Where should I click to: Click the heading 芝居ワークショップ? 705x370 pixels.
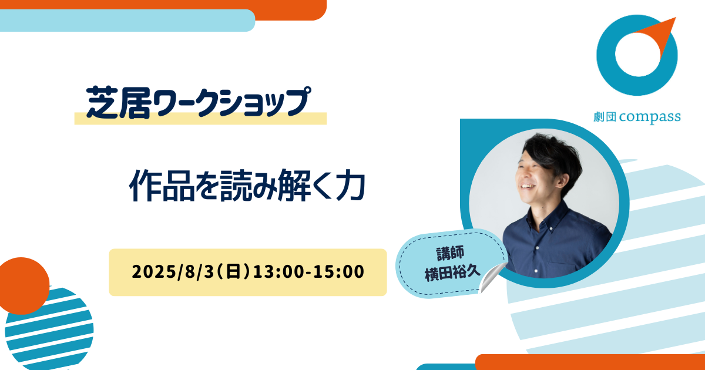199,102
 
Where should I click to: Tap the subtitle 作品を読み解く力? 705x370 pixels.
247,186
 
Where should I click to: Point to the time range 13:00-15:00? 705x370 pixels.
308,271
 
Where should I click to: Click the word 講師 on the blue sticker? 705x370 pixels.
450,253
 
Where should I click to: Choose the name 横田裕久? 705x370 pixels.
452,273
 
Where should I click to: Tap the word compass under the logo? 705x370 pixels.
650,117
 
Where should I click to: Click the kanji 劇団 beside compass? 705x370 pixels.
605,117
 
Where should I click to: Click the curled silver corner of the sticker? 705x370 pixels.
492,277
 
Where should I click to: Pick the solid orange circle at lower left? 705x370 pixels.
22,285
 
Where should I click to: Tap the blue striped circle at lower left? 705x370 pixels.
51,330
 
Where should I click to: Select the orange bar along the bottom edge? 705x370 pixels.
590,362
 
